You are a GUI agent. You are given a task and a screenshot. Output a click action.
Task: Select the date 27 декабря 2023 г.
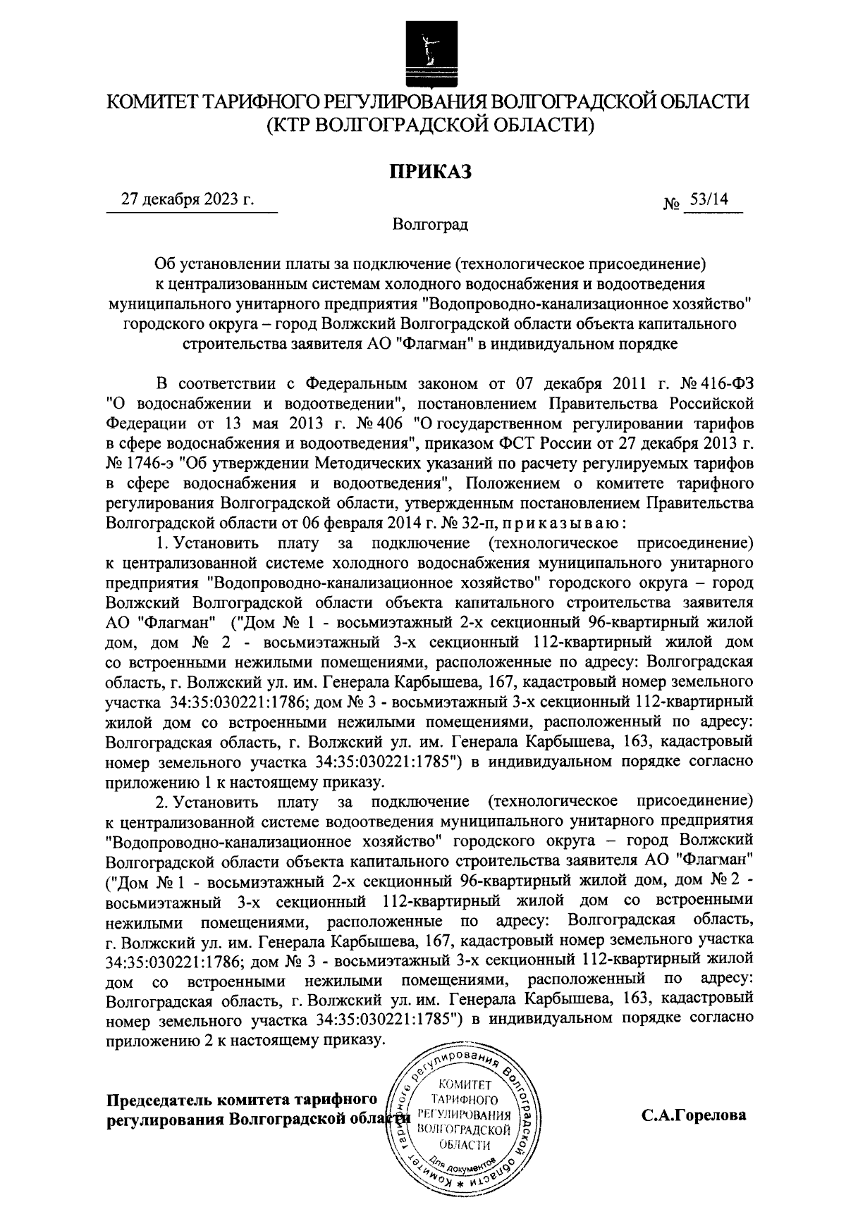click(x=187, y=199)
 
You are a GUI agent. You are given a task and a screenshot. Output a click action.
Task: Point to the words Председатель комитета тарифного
click(x=240, y=1100)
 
